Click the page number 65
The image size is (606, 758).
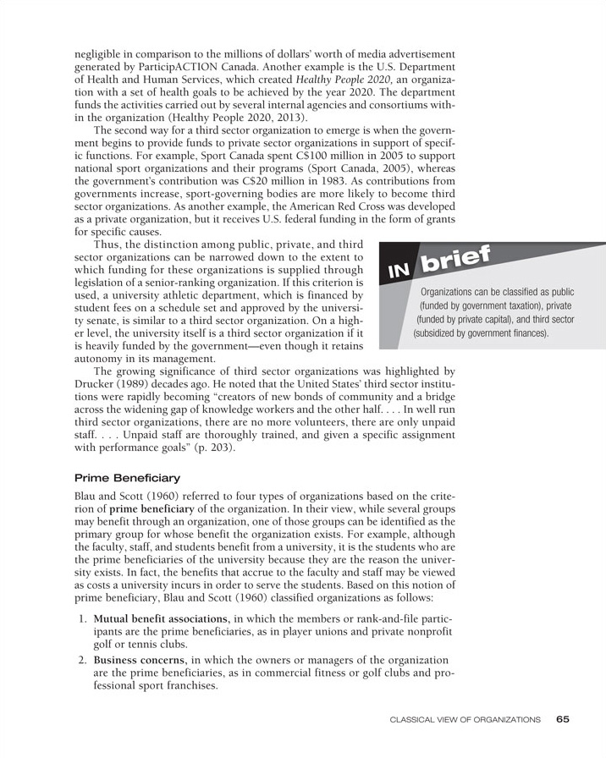[564, 719]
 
